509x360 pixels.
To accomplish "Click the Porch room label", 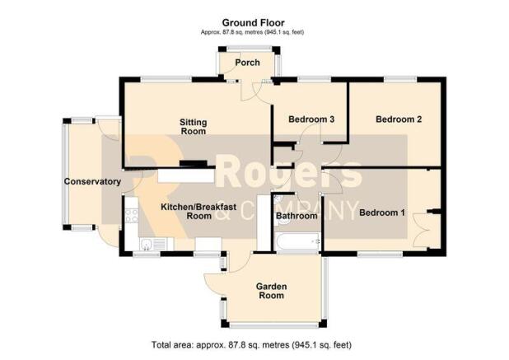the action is [247, 63].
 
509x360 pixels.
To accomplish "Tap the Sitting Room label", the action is [194, 127].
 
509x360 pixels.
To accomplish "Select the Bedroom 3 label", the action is [311, 119].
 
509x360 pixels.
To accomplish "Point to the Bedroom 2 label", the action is [399, 119].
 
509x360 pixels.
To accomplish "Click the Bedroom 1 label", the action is [382, 213].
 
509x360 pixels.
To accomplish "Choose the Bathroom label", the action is [297, 216].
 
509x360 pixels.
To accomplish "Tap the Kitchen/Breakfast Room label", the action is [198, 212].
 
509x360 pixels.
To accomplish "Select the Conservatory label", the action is [92, 181].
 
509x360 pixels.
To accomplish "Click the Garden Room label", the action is [271, 291].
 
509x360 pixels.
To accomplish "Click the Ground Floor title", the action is [253, 23].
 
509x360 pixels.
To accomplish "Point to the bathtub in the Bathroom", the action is [297, 242].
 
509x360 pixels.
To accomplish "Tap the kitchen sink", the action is [152, 244].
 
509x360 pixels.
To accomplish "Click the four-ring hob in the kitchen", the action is [132, 216].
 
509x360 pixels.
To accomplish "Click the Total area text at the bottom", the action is [251, 344].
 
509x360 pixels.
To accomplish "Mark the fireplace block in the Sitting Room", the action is [194, 164].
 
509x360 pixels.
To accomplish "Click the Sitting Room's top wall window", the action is [166, 79].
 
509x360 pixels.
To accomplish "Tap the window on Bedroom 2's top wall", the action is [400, 79].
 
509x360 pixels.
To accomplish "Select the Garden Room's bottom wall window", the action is [274, 324].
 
